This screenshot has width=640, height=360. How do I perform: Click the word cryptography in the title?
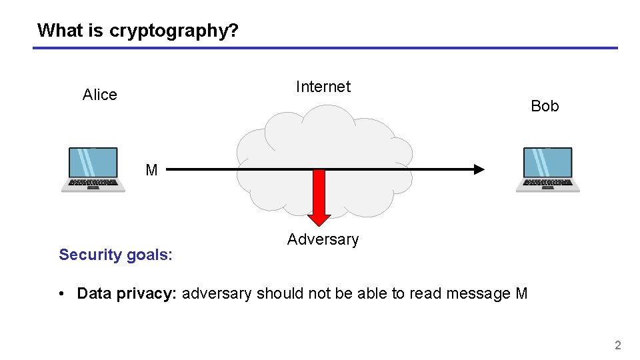(x=173, y=31)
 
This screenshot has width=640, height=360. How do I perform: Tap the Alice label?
(x=99, y=95)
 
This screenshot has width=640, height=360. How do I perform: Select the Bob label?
(x=545, y=106)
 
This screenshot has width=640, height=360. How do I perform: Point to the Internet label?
(x=323, y=87)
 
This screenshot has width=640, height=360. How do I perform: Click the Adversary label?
(x=323, y=239)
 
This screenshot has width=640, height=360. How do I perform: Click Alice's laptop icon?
(x=93, y=170)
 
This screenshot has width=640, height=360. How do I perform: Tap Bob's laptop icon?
(x=547, y=170)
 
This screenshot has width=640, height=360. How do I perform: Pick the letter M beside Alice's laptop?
(x=151, y=171)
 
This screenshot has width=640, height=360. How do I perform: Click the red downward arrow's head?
(x=319, y=220)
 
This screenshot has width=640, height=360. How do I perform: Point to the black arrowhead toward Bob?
(x=478, y=169)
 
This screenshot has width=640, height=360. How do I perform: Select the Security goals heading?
(x=115, y=255)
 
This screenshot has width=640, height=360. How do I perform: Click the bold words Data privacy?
(x=127, y=293)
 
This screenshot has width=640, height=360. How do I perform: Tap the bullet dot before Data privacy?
(x=61, y=294)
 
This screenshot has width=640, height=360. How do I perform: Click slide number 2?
(x=617, y=345)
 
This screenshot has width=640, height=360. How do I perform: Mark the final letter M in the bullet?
(x=521, y=293)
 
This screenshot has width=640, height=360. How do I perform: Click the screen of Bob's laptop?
(x=547, y=163)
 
